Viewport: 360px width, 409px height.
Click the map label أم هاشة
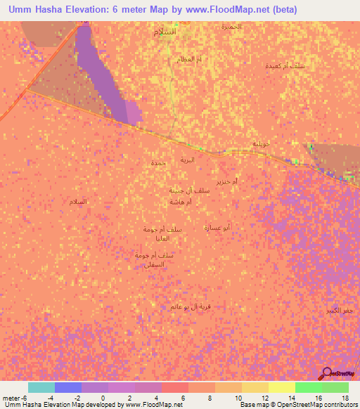tap(181, 202)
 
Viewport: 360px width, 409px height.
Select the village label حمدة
tap(158, 163)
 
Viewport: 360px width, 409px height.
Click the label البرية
tap(187, 160)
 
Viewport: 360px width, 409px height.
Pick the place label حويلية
tap(262, 143)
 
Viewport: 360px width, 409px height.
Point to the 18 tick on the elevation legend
tap(345, 396)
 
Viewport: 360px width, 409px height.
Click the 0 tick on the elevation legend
tap(103, 396)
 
